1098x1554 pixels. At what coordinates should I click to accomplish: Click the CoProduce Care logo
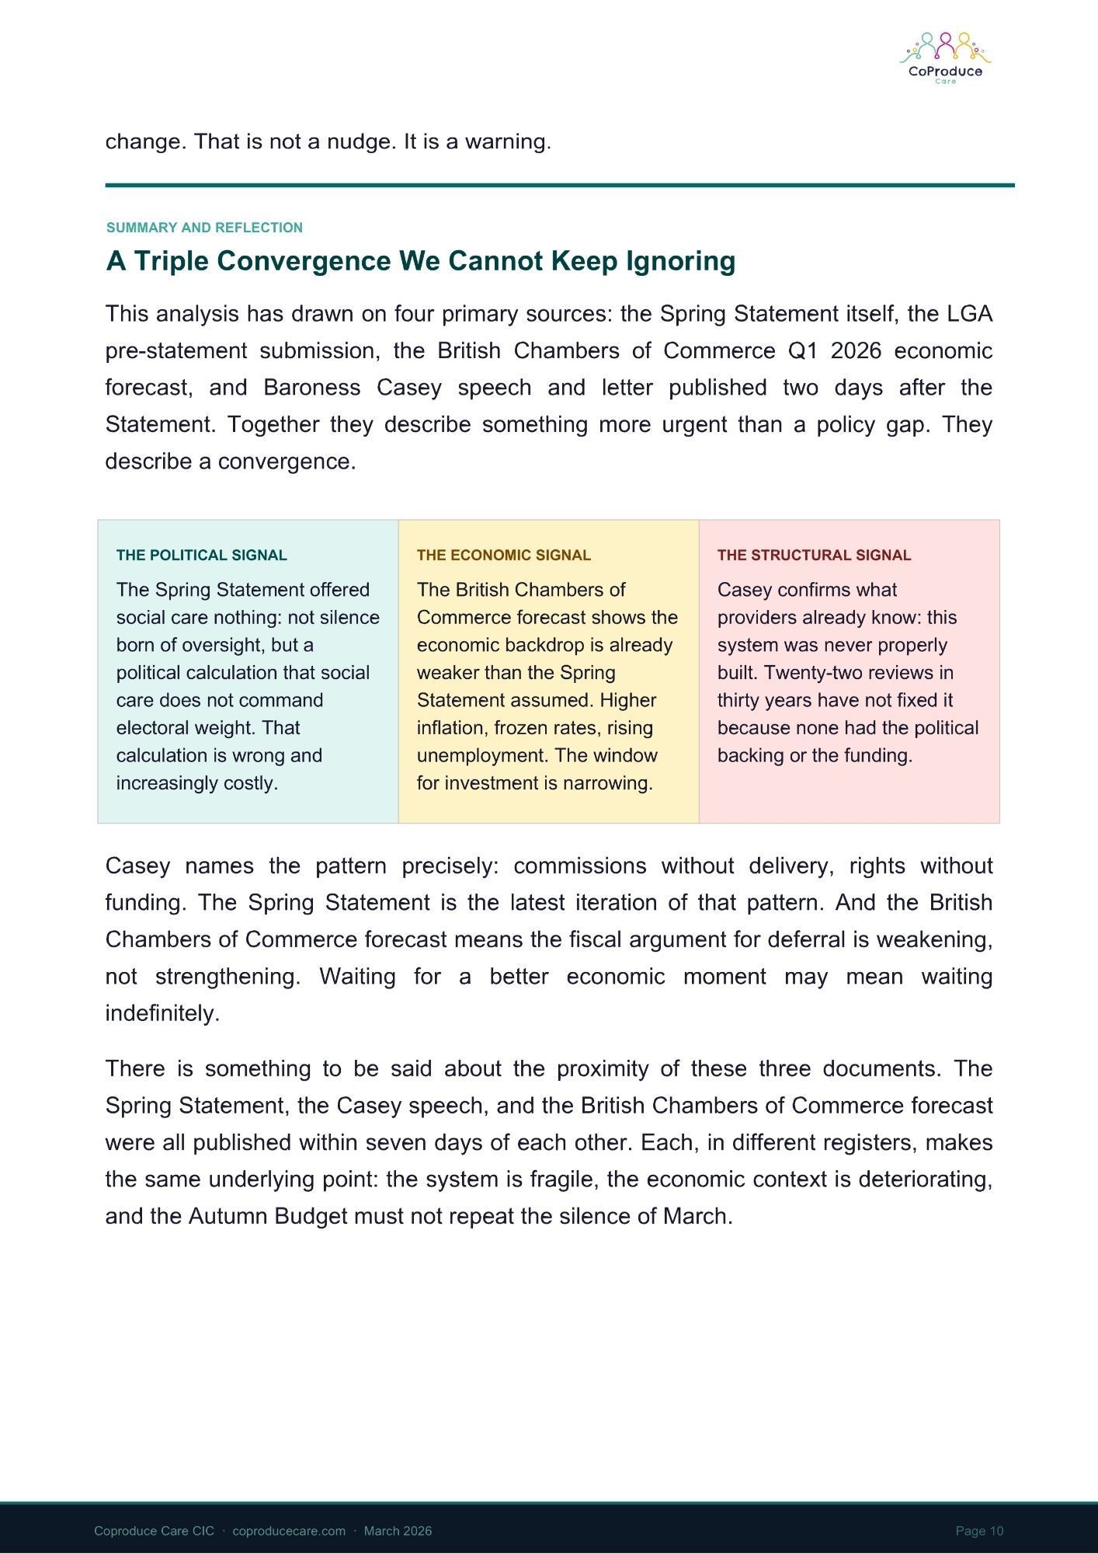pos(945,58)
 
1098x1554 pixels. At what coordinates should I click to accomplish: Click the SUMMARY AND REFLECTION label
pos(204,228)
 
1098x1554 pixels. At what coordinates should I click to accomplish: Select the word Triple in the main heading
pos(172,261)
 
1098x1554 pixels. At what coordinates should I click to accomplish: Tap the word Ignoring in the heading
pos(680,261)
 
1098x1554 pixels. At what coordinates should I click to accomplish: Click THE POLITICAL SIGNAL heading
pos(201,555)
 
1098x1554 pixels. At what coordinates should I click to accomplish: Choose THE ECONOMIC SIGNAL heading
pos(503,555)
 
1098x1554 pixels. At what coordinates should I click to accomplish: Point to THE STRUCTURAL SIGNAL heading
pos(814,555)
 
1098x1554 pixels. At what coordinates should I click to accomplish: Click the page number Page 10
pos(979,1531)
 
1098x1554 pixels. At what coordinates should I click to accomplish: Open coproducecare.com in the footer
pos(288,1531)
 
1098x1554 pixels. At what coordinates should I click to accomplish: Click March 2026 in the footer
pos(398,1531)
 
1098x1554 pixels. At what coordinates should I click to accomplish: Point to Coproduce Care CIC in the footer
pos(154,1531)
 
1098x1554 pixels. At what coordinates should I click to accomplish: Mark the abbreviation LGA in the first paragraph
pos(969,314)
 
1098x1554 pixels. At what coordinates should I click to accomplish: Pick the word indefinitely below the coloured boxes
pos(162,1014)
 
